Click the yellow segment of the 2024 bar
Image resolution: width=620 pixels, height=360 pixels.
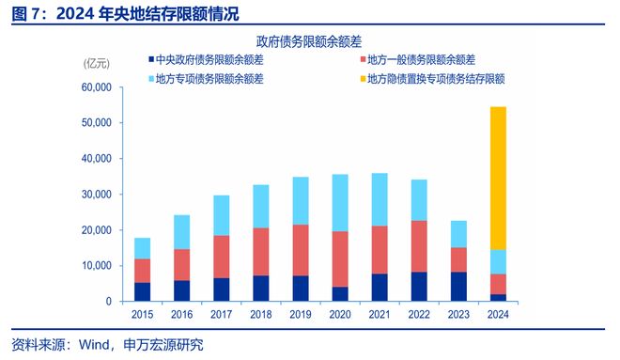[x=498, y=178]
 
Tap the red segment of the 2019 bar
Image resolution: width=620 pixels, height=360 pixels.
[x=300, y=250]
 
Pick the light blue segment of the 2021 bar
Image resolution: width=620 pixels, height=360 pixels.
[x=380, y=199]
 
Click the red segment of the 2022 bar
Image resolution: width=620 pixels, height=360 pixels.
[x=419, y=246]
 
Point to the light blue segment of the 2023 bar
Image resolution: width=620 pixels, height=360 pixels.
[x=458, y=234]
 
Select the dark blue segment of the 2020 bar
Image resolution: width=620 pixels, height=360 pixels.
[x=339, y=293]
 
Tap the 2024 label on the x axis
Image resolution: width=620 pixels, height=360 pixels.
[x=498, y=316]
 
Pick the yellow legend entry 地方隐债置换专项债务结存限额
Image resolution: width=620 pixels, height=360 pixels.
[x=437, y=79]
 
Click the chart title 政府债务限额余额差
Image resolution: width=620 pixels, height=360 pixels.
[x=309, y=42]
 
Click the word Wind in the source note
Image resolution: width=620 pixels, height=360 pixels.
[x=97, y=344]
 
